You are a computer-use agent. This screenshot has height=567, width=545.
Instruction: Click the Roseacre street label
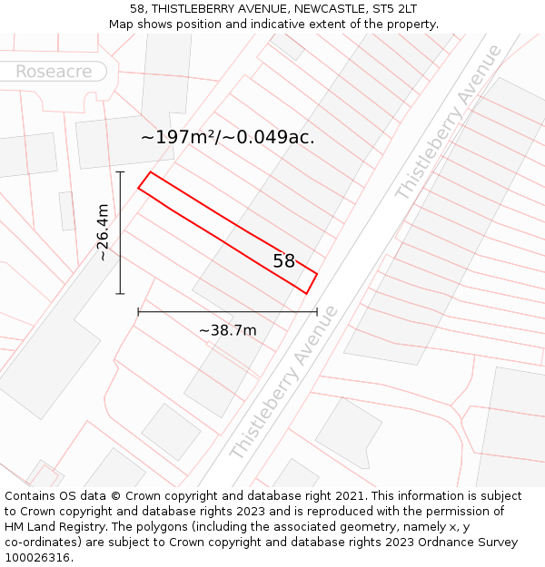54,71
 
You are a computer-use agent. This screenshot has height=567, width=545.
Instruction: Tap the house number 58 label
284,261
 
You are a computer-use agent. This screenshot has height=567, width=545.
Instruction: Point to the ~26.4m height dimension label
103,232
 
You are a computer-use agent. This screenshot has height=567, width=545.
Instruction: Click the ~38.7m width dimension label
227,330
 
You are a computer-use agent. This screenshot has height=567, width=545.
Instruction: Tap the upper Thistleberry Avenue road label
448,122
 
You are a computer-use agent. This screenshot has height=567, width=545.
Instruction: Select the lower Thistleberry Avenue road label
284,382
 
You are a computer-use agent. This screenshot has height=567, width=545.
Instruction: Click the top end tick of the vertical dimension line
120,171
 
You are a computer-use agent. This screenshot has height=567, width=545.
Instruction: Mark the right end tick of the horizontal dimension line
317,312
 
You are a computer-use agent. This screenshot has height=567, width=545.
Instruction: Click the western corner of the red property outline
138,188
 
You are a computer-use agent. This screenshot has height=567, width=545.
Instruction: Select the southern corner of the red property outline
306,293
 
